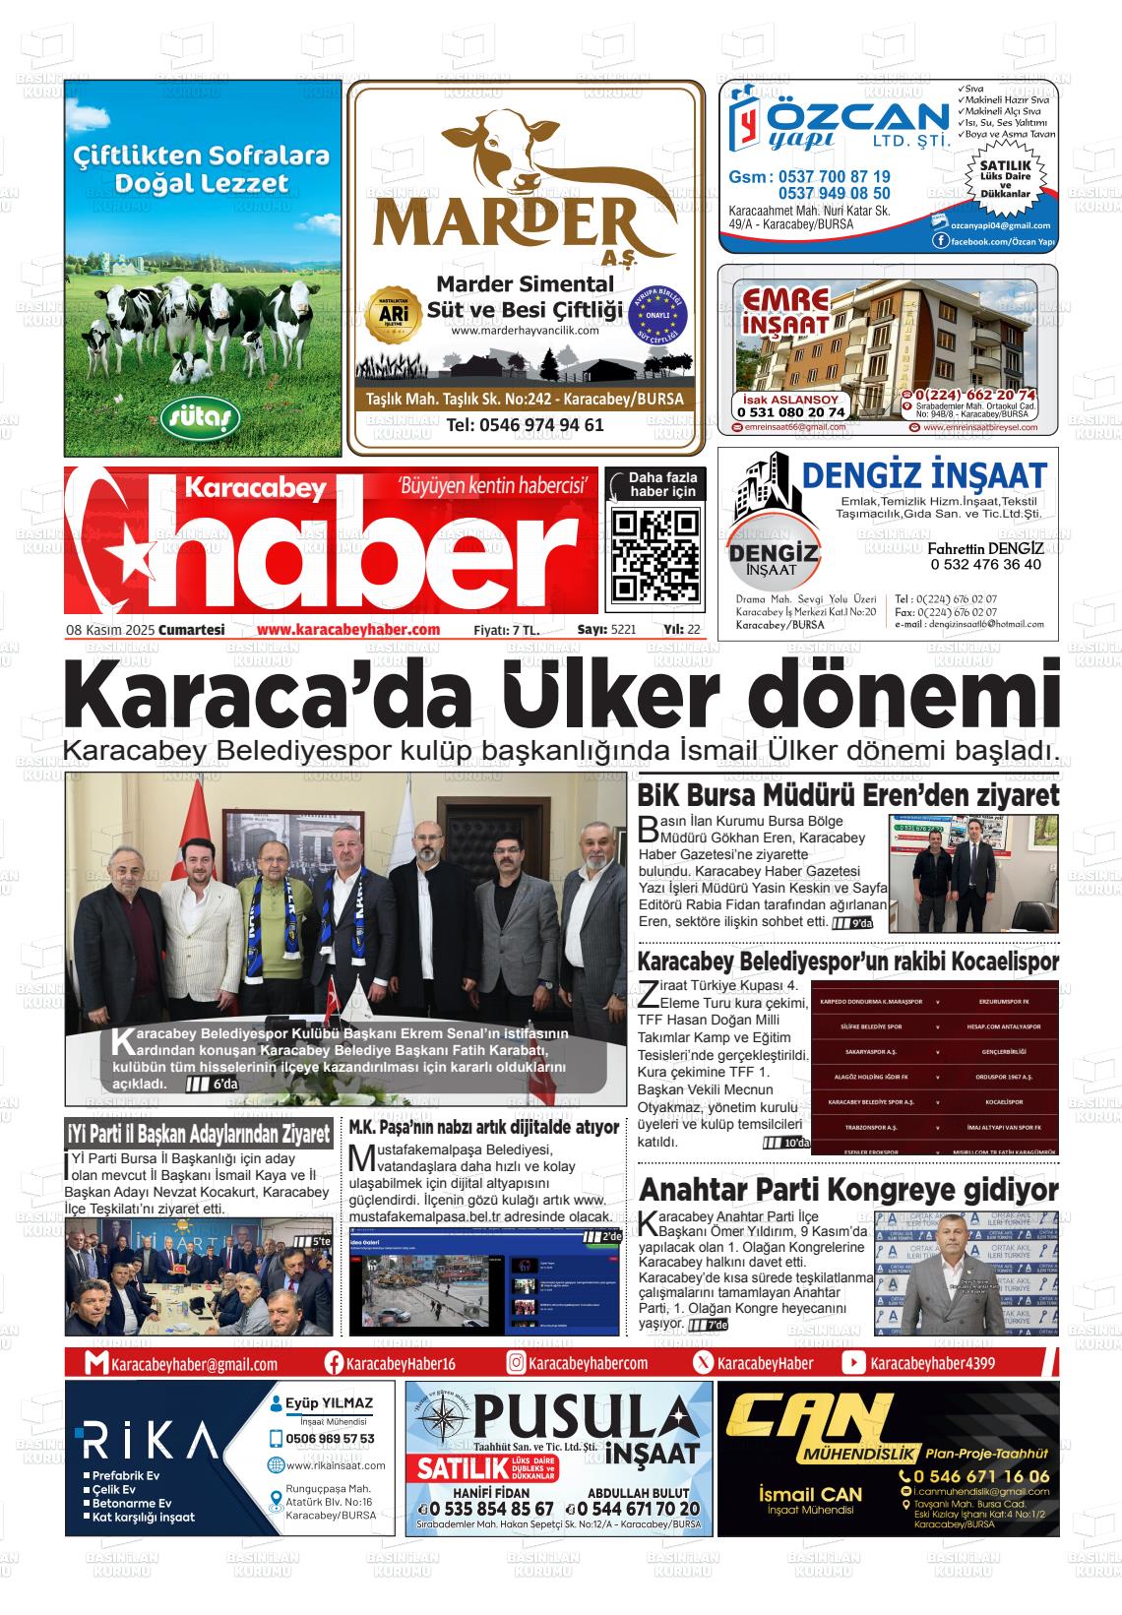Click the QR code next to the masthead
click(x=654, y=555)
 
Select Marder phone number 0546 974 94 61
click(x=525, y=425)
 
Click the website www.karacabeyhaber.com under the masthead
click(x=347, y=630)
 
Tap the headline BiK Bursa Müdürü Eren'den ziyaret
click(x=847, y=795)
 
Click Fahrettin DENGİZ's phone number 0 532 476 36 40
click(x=984, y=565)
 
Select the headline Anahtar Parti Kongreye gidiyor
click(x=847, y=1189)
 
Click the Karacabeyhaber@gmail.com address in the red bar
click(x=194, y=1364)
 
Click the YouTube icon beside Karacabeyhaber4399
click(x=853, y=1363)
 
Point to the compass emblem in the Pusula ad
click(x=440, y=1424)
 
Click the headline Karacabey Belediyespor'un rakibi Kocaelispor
click(x=847, y=962)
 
